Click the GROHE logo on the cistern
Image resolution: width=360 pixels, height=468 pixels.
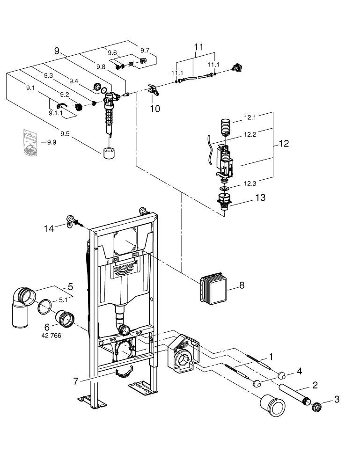[x=126, y=270]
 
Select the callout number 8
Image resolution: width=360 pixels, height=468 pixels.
[x=241, y=285]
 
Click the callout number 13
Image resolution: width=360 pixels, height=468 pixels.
[x=260, y=197]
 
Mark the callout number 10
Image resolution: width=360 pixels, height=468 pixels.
[x=154, y=108]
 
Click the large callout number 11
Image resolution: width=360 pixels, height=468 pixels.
[x=199, y=47]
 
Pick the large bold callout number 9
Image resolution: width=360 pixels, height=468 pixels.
[x=57, y=51]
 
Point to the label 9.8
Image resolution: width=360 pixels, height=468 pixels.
[x=100, y=67]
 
